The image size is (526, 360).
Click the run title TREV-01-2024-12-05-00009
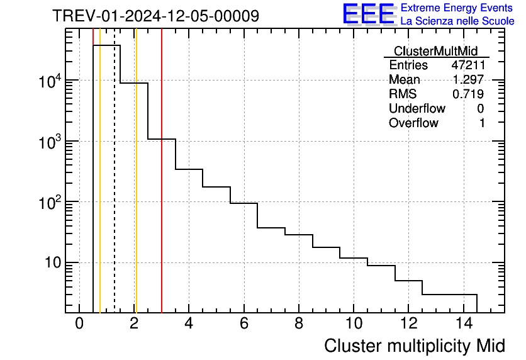pos(155,16)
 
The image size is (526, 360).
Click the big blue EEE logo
pos(369,14)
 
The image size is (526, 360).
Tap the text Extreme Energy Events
pos(457,8)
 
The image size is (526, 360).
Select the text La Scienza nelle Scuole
pos(457,21)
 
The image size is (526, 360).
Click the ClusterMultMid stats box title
pos(435,51)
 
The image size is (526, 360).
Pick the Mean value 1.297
pos(468,80)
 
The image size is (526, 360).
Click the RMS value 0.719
pos(468,94)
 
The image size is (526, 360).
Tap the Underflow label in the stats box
pos(413,109)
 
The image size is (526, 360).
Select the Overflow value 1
pos(482,123)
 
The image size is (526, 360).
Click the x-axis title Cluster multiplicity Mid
pos(414,346)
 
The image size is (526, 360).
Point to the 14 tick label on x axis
pos(463,323)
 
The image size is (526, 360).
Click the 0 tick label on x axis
pos(79,323)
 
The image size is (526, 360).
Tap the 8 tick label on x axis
pos(298,323)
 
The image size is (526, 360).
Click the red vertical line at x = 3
pos(162,189)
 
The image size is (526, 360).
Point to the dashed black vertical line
pos(115,189)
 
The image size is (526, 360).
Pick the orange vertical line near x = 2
pos(136,189)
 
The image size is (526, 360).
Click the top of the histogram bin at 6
pos(243,203)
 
